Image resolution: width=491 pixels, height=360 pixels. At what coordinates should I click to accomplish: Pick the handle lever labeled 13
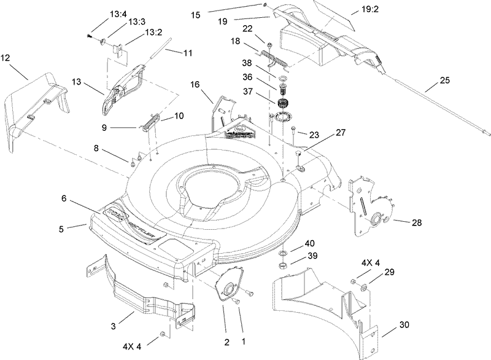[126, 83]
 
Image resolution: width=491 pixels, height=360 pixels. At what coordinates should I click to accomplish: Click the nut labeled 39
[283, 265]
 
